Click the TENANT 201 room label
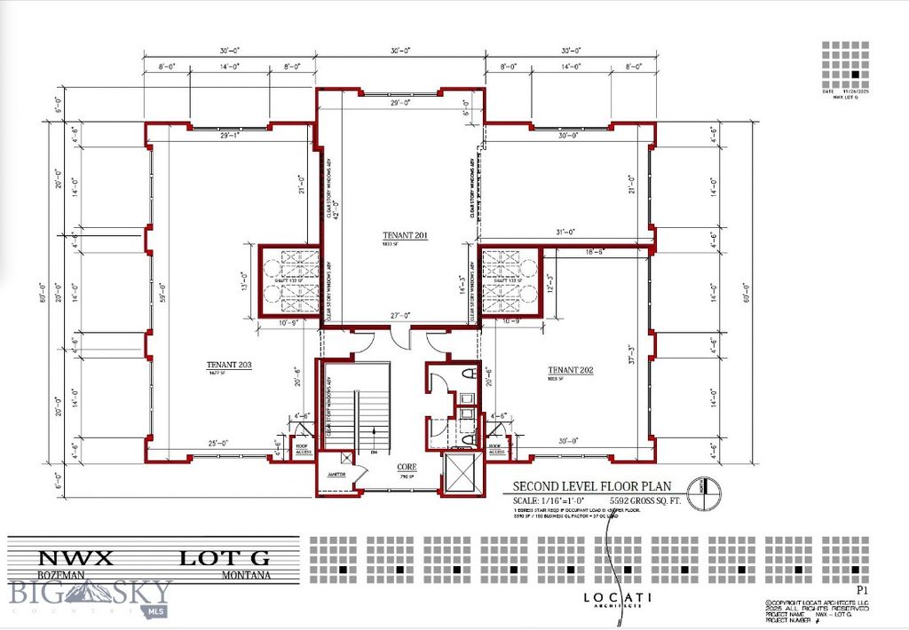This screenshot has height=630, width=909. (405, 235)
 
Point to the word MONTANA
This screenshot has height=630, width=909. (247, 575)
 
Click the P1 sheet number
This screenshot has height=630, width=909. (860, 588)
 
